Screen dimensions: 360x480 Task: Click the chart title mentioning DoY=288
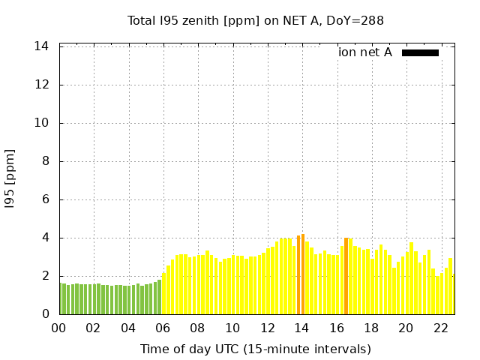(x=256, y=20)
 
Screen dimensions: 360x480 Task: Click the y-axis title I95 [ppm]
(x=10, y=178)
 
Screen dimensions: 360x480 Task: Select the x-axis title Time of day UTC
(x=256, y=349)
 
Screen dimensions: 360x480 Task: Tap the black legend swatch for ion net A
(x=420, y=52)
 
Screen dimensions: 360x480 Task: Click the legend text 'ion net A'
(x=365, y=52)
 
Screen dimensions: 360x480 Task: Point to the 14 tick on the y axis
(x=42, y=46)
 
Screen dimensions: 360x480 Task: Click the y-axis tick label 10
(x=42, y=123)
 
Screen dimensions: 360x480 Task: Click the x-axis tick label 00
(x=58, y=328)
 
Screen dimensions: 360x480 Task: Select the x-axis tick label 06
(x=163, y=328)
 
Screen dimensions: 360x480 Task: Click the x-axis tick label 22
(x=441, y=328)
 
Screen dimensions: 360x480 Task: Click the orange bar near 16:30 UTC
(x=346, y=276)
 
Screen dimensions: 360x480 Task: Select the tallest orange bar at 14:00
(x=302, y=274)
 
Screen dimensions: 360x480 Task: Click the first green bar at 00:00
(x=61, y=298)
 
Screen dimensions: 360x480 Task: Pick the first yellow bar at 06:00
(x=163, y=294)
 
